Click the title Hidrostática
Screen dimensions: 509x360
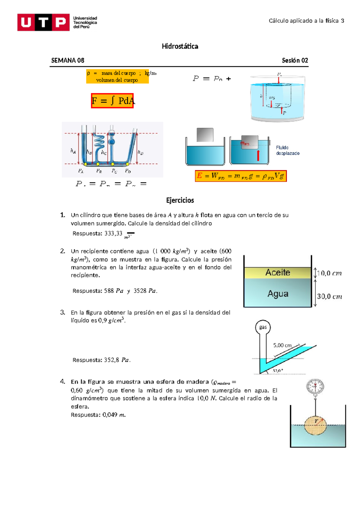pos(180,46)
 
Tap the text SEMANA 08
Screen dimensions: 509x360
pos(67,60)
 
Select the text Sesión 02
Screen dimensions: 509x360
pos(295,60)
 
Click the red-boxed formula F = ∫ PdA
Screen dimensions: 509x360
pos(112,101)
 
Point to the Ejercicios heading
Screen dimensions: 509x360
pos(180,200)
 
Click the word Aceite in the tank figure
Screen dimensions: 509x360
pos(278,272)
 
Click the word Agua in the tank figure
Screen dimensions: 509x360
pos(278,294)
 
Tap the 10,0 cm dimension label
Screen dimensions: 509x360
pos(329,273)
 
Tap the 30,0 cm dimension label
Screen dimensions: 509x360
pos(329,296)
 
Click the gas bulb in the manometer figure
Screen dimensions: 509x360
pos(263,327)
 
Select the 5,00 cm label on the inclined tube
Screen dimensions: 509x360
pos(282,345)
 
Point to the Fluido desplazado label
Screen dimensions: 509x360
pos(287,150)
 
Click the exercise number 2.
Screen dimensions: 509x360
pos(62,251)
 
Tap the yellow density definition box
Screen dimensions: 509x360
pos(117,76)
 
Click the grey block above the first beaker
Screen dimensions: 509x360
pos(205,135)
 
